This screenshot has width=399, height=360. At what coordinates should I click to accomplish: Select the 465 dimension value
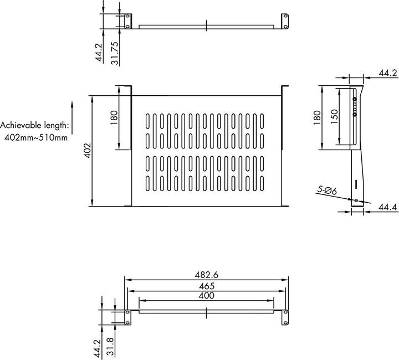pos(205,286)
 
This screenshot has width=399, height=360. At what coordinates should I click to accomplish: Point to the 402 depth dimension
pos(87,150)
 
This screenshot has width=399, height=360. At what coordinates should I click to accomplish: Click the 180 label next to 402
pos(114,117)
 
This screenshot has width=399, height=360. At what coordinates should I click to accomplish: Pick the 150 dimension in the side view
pos(335,117)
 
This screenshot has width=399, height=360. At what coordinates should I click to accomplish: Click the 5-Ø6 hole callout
pos(327,191)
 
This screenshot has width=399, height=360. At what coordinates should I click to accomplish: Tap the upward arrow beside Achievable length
pos(72,116)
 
